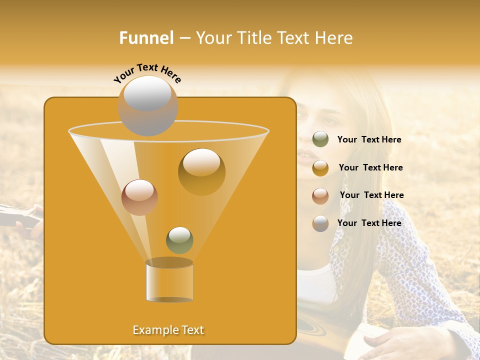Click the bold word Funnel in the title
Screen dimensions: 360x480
coord(146,37)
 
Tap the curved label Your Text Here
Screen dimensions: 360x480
coord(147,73)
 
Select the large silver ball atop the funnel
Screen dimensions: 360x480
coord(148,105)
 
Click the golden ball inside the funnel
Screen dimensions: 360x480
coord(201,171)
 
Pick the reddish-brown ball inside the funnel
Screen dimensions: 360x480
coord(139,197)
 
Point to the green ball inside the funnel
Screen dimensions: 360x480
coord(179,240)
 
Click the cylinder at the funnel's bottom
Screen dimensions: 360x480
coord(169,281)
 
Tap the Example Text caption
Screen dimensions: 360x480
coord(168,330)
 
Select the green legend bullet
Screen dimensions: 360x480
coord(320,139)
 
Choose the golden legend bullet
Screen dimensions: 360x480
coord(320,168)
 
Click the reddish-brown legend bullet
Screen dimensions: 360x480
coord(320,196)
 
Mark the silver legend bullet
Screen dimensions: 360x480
coord(320,223)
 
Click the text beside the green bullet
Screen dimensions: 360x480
coord(369,139)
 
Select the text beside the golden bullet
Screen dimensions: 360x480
coord(370,167)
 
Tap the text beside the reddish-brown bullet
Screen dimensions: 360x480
coord(371,195)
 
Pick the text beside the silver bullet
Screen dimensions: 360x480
coord(369,223)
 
